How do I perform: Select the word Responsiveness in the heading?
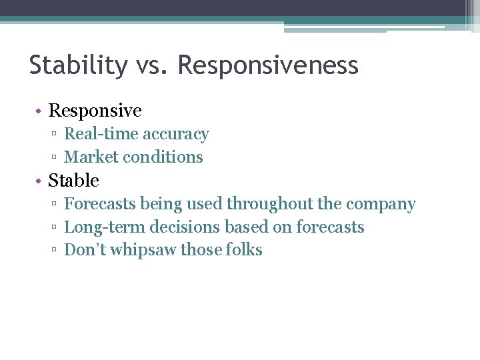point(268,65)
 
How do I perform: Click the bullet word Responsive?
point(95,111)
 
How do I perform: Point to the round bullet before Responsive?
point(40,111)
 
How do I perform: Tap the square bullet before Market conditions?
point(55,158)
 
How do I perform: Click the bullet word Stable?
point(73,181)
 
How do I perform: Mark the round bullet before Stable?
point(40,181)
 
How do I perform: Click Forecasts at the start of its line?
point(100,204)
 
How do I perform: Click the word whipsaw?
point(145,251)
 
